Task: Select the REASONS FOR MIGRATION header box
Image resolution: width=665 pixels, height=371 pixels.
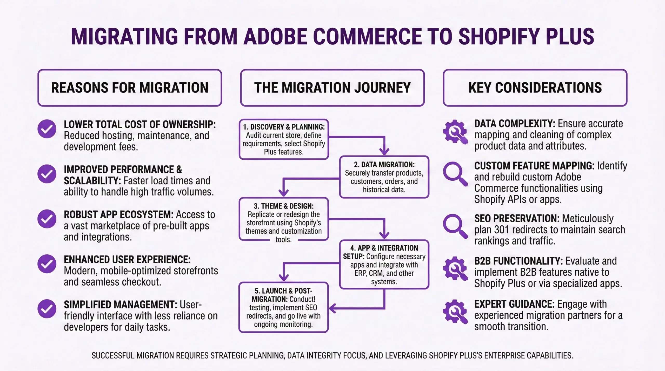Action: point(130,88)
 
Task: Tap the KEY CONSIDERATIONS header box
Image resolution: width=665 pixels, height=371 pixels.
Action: point(535,88)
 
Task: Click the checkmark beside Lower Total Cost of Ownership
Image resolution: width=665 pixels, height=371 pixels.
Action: point(47,129)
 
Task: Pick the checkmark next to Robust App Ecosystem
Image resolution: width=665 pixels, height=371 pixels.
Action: point(47,219)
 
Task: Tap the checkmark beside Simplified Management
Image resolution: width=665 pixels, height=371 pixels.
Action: point(47,309)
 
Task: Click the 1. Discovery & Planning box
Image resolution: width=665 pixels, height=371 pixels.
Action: point(284,139)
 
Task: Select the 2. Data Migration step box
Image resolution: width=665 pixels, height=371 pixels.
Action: point(384,177)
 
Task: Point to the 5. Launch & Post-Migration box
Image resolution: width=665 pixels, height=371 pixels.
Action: point(284,307)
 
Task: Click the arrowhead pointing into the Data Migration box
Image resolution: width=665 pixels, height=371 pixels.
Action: point(384,151)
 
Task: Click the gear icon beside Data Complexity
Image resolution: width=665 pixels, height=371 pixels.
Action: point(455,132)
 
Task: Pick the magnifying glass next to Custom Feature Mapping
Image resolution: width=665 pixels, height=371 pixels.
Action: point(455,174)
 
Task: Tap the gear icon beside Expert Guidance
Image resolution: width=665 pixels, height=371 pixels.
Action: point(455,311)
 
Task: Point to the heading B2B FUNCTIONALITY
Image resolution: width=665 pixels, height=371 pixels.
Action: point(518,261)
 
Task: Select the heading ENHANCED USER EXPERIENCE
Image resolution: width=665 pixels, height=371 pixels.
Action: point(127,260)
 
